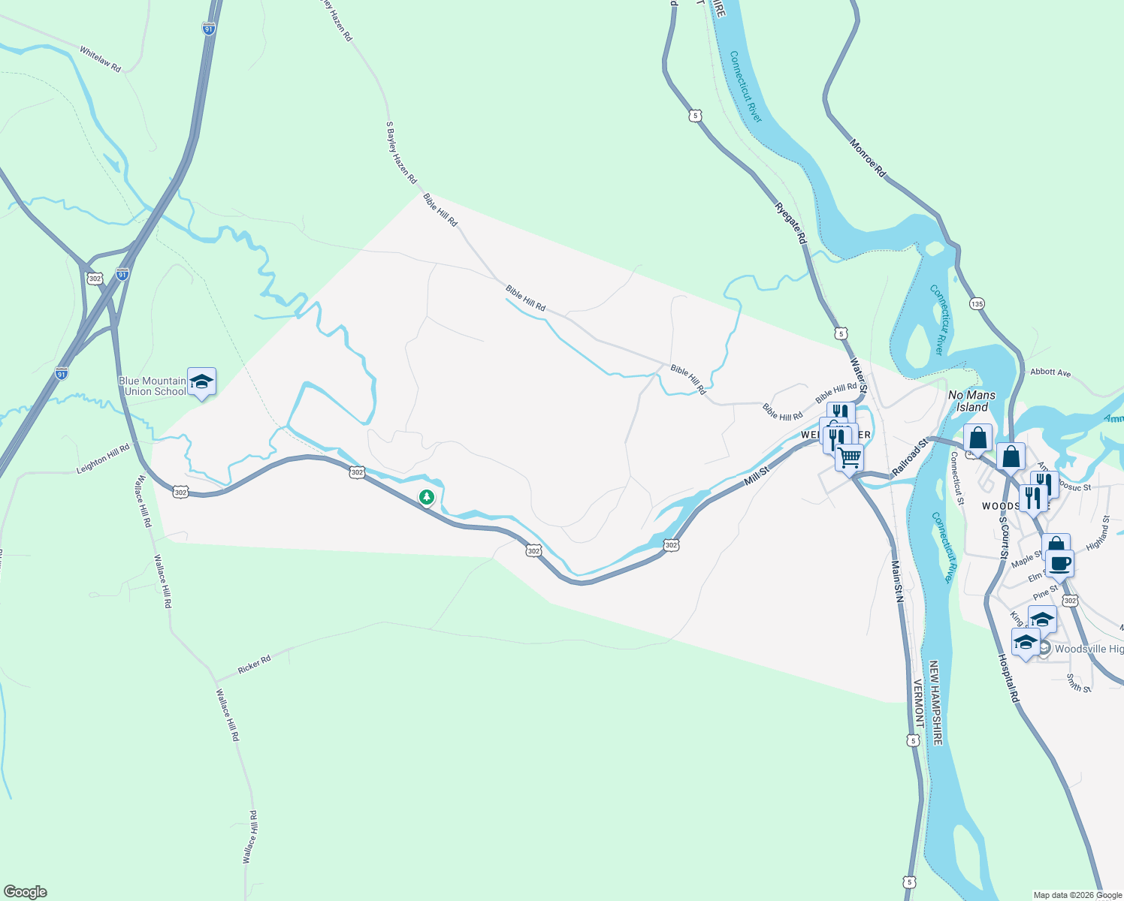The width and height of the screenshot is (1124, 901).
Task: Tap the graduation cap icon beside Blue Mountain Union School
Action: coord(201,382)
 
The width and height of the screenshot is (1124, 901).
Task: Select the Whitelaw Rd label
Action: coord(100,59)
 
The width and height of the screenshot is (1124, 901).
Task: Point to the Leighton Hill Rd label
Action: coord(103,459)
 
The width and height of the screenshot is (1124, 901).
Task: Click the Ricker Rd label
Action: coord(254,664)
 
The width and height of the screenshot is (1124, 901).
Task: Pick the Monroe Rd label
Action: coord(868,158)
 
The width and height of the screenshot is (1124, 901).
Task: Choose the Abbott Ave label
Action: coord(1050,372)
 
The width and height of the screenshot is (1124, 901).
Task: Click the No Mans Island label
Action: coord(971,401)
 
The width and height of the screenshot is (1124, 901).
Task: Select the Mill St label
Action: coord(757,477)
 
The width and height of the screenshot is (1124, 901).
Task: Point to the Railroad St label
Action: coord(911,458)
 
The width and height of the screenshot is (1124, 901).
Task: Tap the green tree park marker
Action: coord(427,497)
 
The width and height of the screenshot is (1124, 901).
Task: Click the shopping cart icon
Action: coord(849,456)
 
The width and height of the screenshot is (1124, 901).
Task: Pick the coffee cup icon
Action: coord(1059,562)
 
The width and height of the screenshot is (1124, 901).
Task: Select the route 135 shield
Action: coord(977,304)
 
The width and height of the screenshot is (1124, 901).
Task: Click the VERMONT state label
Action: coord(918,703)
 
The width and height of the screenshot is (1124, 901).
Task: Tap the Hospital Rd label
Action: coord(1009,677)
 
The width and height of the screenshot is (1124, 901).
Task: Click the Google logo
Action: coord(25,892)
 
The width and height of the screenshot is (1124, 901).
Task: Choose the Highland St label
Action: coord(1098,532)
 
